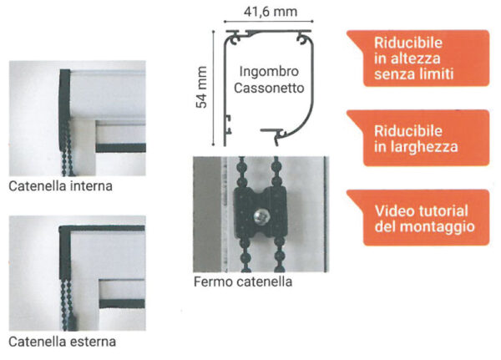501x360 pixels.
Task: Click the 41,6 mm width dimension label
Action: (271, 12)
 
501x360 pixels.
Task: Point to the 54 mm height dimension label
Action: (202, 87)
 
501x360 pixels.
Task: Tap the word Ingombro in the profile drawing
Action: (269, 72)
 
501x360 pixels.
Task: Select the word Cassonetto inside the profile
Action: (269, 88)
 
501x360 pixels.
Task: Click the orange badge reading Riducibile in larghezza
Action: (418, 138)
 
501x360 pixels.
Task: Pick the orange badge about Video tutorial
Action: (418, 218)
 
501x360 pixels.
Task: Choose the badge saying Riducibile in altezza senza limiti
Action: (418, 58)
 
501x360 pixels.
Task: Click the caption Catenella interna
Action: (61, 186)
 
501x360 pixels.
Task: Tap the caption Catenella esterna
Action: (62, 342)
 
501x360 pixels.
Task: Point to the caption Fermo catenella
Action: (243, 282)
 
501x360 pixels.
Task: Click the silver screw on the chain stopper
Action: (261, 216)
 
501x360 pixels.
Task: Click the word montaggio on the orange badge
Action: (438, 227)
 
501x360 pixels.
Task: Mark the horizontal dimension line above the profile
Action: (268, 22)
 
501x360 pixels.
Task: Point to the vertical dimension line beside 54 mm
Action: (213, 88)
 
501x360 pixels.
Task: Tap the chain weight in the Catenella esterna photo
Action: (73, 322)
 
